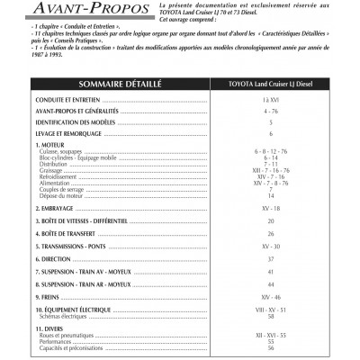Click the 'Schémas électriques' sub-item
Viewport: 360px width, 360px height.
(73, 316)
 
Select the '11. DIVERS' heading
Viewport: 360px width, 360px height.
(57, 330)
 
